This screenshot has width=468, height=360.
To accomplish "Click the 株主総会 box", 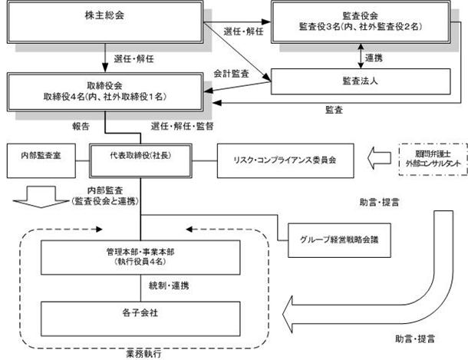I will [105, 22].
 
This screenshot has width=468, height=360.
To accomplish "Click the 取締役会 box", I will [105, 88].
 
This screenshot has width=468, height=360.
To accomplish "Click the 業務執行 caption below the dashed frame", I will [144, 354].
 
